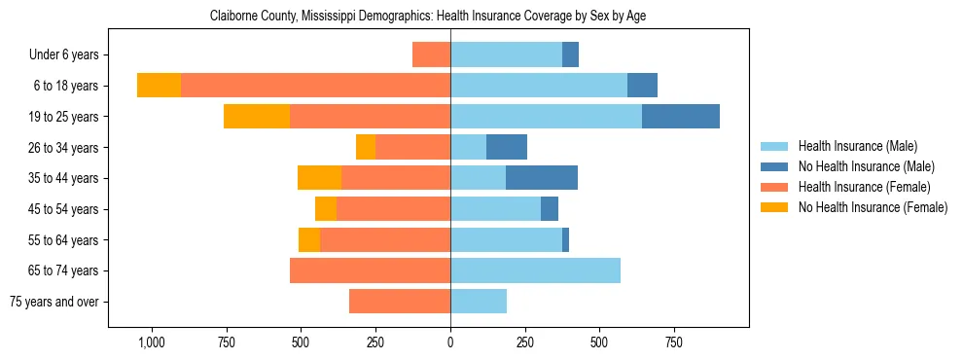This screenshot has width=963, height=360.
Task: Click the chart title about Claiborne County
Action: coord(428,16)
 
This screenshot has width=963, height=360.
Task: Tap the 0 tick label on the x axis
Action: coord(450,343)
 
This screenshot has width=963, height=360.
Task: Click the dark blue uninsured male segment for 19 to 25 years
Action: coord(681,116)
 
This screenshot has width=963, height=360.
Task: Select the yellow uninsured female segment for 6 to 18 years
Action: coord(159,86)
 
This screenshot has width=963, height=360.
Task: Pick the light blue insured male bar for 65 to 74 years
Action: coord(535,270)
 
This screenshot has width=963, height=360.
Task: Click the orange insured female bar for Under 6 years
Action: coord(431,54)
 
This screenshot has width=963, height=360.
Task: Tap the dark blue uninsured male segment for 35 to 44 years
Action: coord(542,178)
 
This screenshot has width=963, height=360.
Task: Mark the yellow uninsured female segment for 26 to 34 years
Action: coord(366,147)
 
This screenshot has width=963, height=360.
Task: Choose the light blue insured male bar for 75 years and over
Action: coord(479,302)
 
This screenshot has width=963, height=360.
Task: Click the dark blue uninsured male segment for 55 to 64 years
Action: coord(565,239)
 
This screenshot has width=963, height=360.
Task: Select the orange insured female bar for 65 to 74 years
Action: coord(370,270)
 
